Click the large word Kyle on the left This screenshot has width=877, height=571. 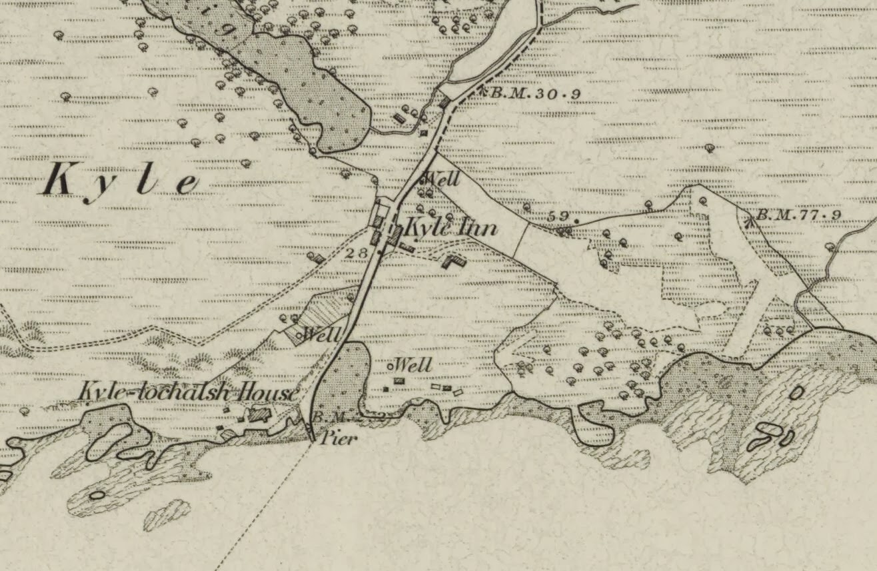click(120, 181)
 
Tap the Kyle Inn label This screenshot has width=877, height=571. click(451, 229)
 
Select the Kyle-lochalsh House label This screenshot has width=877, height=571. click(188, 392)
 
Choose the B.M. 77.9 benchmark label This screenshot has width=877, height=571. click(797, 215)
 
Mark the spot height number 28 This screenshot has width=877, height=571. click(358, 253)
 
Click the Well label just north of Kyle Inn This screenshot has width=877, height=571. click(442, 179)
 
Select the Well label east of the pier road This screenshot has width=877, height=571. click(413, 365)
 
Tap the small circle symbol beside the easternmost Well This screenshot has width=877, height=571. click(391, 366)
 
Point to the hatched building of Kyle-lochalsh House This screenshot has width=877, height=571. click(257, 416)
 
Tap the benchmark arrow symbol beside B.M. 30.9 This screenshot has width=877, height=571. click(482, 91)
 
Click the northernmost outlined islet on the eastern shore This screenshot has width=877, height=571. click(796, 392)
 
